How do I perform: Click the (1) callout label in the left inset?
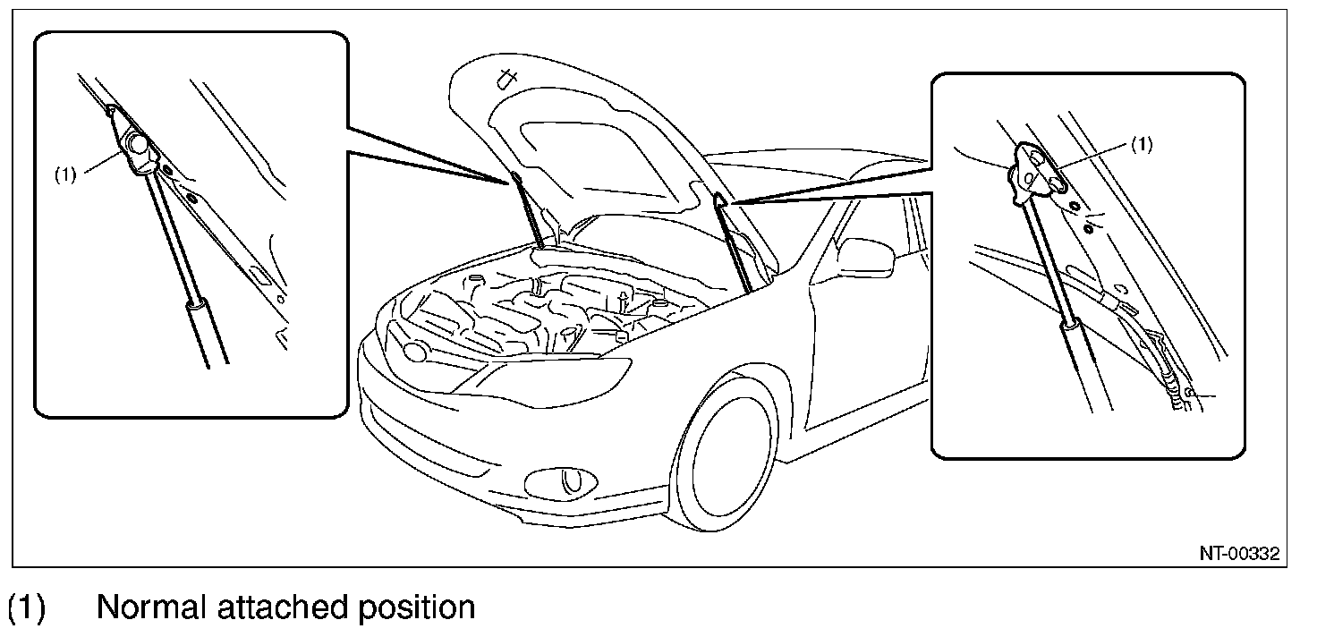click(65, 174)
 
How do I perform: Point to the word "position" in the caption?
click(418, 607)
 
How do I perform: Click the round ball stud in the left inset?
click(137, 143)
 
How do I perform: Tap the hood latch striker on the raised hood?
click(507, 79)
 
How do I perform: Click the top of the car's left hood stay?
click(516, 180)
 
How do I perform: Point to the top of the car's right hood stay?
click(720, 204)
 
